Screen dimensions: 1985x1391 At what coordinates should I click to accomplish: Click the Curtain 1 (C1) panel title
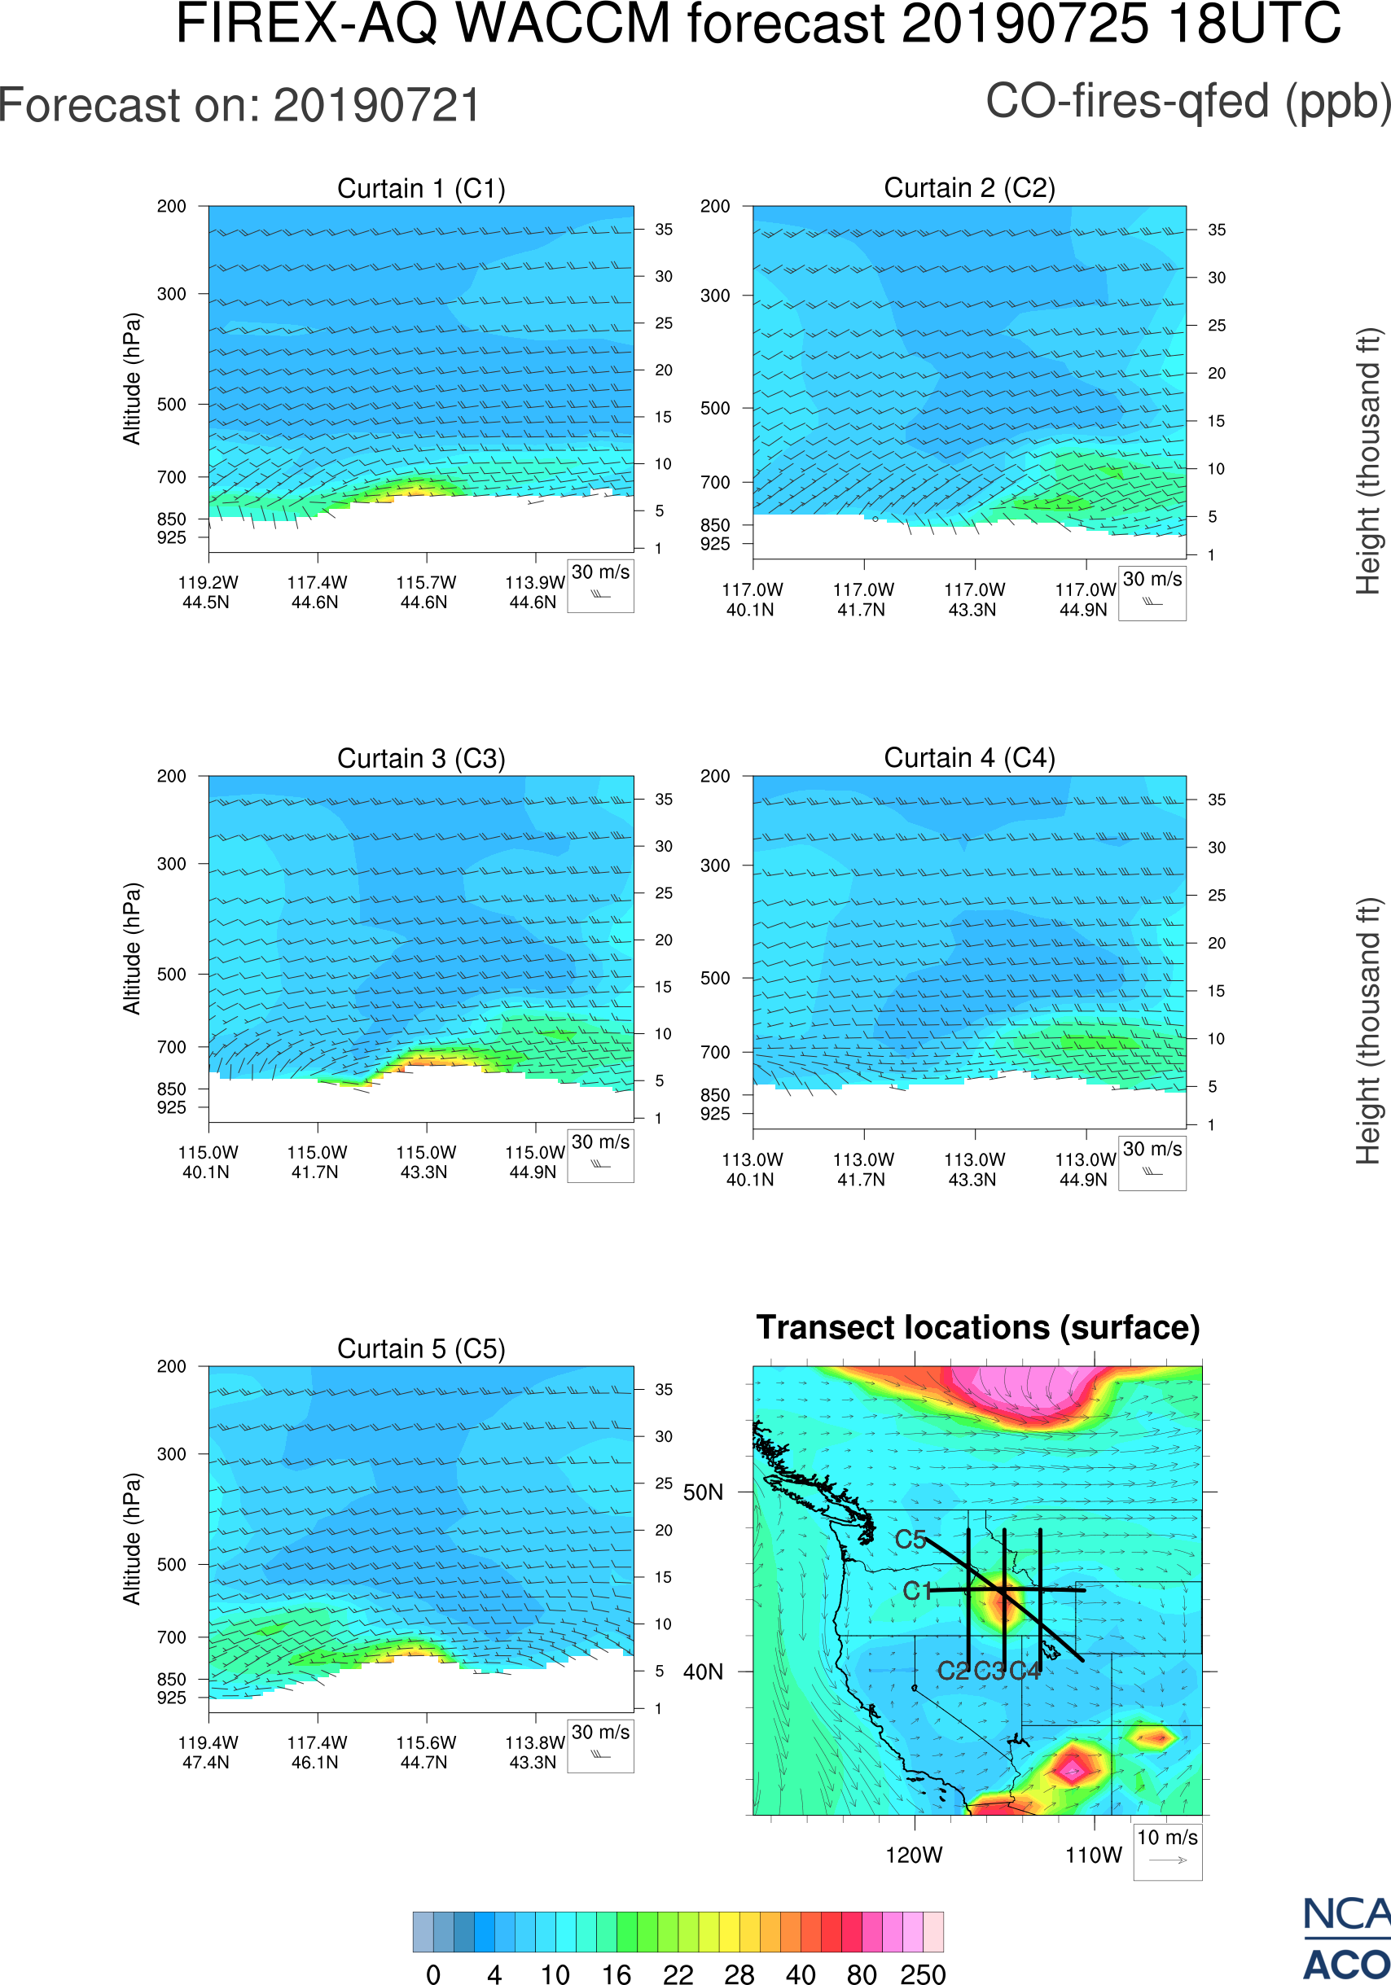pyautogui.click(x=421, y=188)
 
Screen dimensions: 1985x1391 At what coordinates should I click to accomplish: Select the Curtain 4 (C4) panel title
pyautogui.click(x=969, y=758)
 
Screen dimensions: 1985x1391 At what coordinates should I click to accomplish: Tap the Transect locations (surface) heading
pyautogui.click(x=978, y=1327)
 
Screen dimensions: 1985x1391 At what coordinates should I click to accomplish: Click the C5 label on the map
pyautogui.click(x=911, y=1540)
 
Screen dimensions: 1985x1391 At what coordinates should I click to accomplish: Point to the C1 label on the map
pyautogui.click(x=917, y=1591)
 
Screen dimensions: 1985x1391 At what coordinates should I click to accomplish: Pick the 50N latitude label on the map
pyautogui.click(x=703, y=1493)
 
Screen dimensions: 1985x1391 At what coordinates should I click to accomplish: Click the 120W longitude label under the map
pyautogui.click(x=914, y=1856)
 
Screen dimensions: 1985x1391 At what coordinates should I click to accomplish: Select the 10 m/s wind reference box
pyautogui.click(x=1167, y=1850)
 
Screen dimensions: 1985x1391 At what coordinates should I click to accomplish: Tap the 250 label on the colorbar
pyautogui.click(x=923, y=1974)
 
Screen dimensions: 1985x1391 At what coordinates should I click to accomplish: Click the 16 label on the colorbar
pyautogui.click(x=617, y=1974)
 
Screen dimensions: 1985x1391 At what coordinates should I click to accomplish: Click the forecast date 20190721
pyautogui.click(x=376, y=106)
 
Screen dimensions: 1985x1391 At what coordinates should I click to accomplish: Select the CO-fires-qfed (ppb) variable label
pyautogui.click(x=1188, y=101)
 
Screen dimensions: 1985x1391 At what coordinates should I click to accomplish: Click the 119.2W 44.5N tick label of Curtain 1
pyautogui.click(x=208, y=592)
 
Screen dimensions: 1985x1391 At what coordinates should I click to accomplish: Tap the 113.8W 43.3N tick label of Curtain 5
pyautogui.click(x=534, y=1752)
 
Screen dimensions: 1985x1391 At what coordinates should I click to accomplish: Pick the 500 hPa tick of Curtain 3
pyautogui.click(x=171, y=975)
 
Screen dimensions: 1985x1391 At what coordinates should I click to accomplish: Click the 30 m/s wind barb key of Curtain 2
pyautogui.click(x=1152, y=592)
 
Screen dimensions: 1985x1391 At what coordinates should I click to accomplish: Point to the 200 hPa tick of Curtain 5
pyautogui.click(x=171, y=1366)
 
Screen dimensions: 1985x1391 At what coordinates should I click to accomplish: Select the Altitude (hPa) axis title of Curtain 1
pyautogui.click(x=131, y=379)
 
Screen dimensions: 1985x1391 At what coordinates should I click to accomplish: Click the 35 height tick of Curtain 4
pyautogui.click(x=1217, y=800)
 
